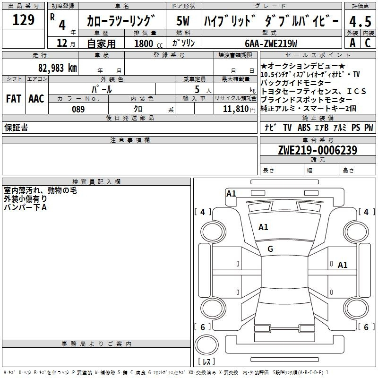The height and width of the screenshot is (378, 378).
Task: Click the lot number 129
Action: coord(23,20)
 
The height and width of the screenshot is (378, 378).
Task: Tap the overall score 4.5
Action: coord(360,22)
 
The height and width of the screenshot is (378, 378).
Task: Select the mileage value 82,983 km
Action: coord(57,68)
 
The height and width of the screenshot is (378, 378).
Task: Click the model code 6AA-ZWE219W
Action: coord(271,43)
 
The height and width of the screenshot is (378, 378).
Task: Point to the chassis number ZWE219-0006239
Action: coord(318,150)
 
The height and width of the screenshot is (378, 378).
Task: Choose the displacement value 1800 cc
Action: coord(148,43)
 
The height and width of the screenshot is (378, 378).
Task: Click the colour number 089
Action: coord(78,109)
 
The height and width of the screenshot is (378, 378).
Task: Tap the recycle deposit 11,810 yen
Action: coord(239,109)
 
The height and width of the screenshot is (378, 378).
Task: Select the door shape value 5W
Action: coord(183,21)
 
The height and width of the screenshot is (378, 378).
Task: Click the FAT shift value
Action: coord(14,99)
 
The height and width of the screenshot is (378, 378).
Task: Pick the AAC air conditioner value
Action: coord(36,99)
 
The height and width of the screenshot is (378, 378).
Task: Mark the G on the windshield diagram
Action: coord(270,249)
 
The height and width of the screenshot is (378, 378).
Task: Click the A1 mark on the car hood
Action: coord(263,227)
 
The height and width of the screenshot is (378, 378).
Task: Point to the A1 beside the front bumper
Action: coord(231,194)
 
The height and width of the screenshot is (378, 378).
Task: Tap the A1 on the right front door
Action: coord(343,265)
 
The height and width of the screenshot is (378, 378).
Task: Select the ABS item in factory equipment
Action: coord(304,127)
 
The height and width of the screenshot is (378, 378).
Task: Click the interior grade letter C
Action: coord(368,43)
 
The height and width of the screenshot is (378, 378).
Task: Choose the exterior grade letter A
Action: coord(352,43)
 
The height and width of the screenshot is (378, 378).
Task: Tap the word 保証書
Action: coord(16,127)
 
